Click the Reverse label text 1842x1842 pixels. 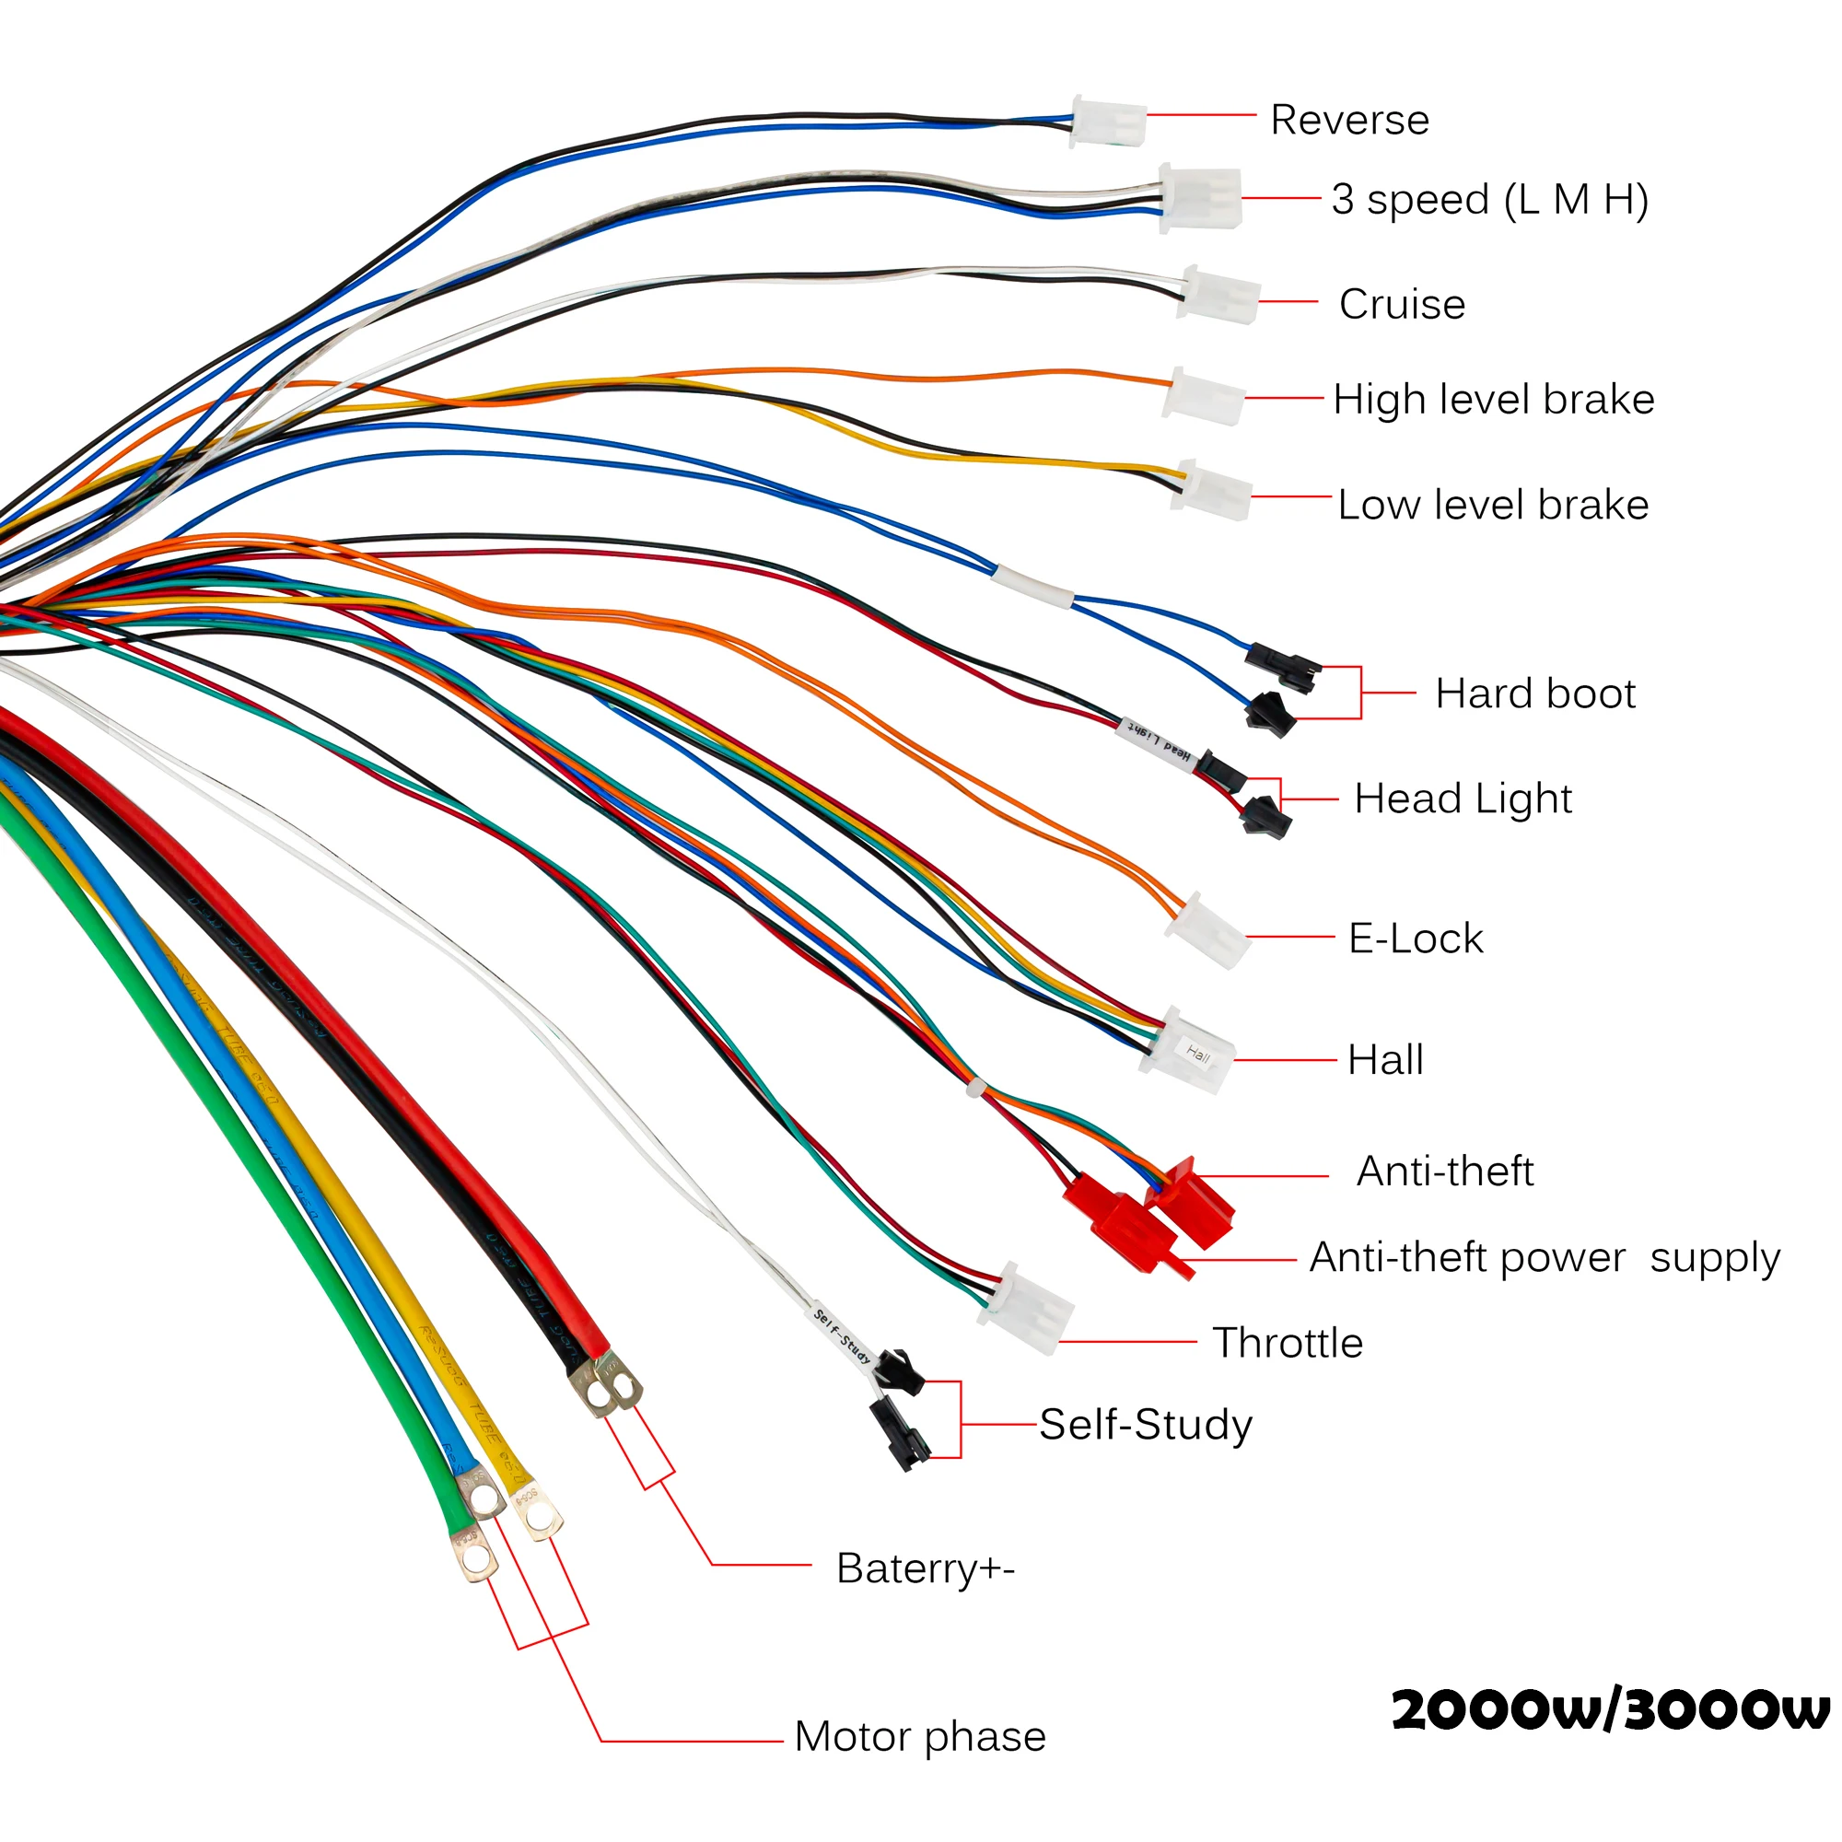[1349, 120]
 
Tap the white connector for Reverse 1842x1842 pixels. [1109, 123]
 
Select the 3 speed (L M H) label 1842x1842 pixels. [1489, 199]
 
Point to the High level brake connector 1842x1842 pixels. [1203, 396]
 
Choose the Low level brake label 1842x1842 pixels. [1492, 505]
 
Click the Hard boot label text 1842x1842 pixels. [1535, 694]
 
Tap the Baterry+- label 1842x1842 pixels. [925, 1568]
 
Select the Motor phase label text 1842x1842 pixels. [920, 1736]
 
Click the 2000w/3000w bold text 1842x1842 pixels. [1609, 1710]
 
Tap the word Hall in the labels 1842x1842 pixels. [1384, 1060]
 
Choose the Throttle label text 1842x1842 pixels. [1288, 1343]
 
